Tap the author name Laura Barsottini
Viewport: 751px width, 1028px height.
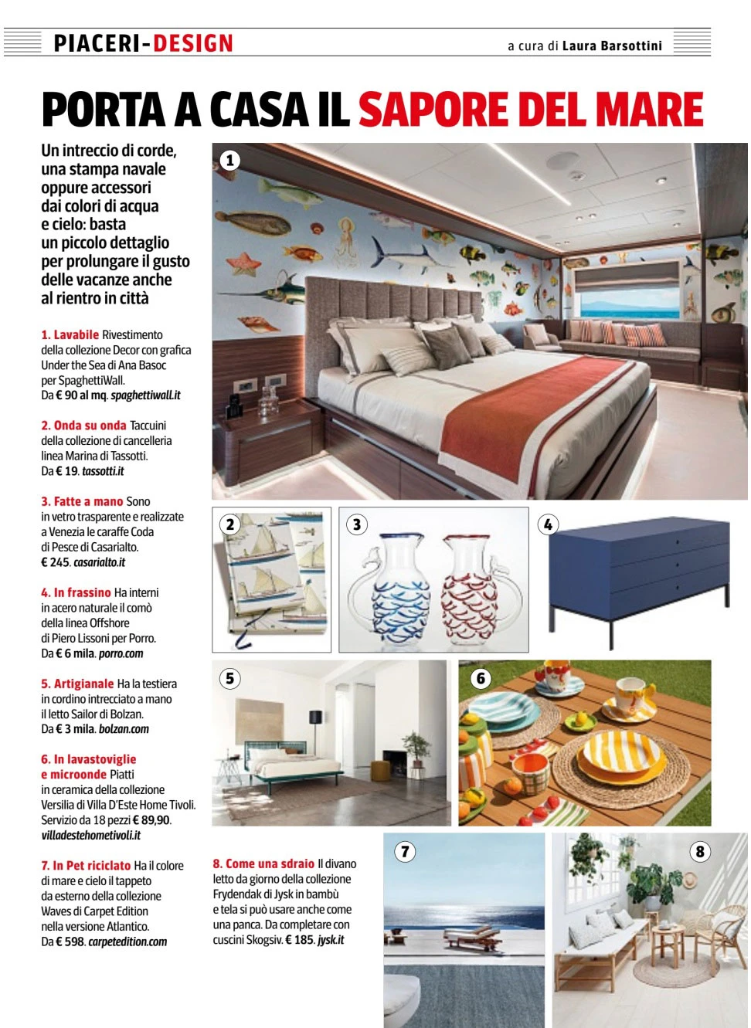click(612, 46)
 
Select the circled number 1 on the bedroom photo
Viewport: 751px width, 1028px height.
click(229, 161)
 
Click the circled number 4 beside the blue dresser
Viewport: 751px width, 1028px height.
click(548, 524)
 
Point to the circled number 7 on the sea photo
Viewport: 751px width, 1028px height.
click(405, 851)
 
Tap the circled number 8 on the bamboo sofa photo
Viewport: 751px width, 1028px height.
click(700, 851)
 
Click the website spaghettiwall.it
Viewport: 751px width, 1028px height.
click(145, 395)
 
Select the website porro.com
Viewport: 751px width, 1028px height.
click(121, 653)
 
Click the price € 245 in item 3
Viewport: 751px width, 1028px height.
click(55, 562)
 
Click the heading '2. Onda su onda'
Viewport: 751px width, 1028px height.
click(83, 426)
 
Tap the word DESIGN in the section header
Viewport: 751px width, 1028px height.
click(192, 43)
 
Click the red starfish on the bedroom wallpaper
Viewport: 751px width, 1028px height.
click(245, 264)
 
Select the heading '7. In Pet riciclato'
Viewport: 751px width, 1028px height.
click(86, 866)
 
